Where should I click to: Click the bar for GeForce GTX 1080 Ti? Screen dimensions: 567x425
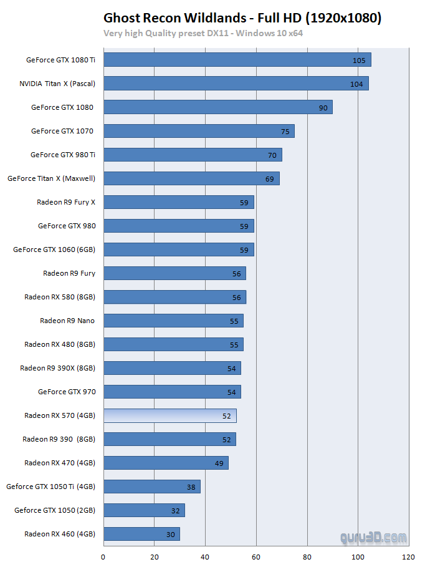tap(237, 60)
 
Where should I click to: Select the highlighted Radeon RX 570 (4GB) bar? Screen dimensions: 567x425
tap(170, 415)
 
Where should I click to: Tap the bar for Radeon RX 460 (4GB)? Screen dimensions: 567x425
tap(141, 534)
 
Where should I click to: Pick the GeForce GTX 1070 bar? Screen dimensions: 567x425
tap(198, 131)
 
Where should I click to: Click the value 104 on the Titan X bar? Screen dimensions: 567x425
tap(356, 84)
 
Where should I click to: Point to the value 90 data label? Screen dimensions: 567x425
tap(323, 108)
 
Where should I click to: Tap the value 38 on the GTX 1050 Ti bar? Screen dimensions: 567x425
tap(191, 487)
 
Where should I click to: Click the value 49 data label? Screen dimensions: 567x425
tap(219, 463)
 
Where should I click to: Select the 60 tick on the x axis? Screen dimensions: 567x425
tap(256, 557)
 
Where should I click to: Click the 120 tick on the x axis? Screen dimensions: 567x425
tap(409, 557)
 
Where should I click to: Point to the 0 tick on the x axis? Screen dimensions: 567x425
tap(103, 557)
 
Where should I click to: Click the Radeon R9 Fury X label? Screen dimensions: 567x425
tap(66, 202)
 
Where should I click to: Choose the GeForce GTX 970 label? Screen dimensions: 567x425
tap(67, 392)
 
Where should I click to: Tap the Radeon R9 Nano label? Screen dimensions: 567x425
tap(67, 321)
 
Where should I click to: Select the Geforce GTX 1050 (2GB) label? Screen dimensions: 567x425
tap(55, 510)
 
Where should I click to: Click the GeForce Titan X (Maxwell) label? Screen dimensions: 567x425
tap(51, 178)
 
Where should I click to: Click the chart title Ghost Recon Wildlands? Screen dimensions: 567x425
tap(242, 18)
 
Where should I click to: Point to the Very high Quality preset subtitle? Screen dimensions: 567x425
tap(203, 33)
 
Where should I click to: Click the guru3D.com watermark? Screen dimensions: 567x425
tap(373, 537)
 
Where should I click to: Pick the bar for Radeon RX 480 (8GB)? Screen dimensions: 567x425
tap(173, 344)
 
